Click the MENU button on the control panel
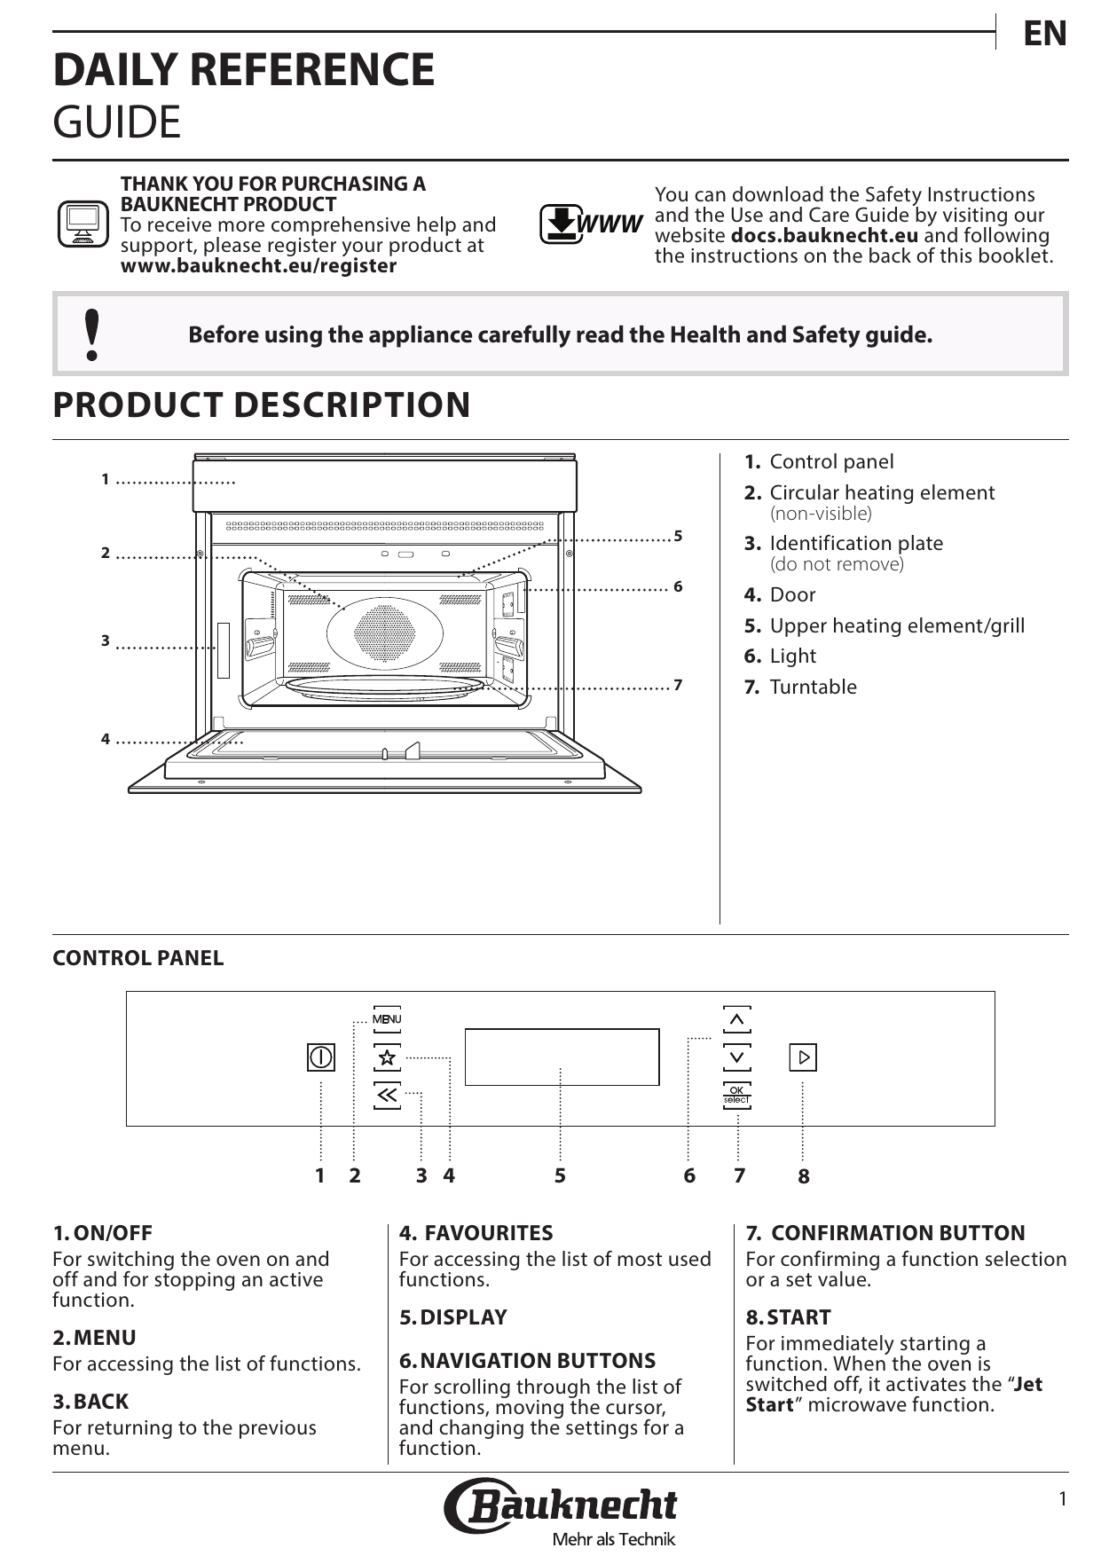[387, 1019]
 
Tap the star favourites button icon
[387, 1057]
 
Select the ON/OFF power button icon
[321, 1057]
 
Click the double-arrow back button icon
[387, 1096]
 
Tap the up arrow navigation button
[736, 1020]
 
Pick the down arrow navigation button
[736, 1057]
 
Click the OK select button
[736, 1095]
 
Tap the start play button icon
[803, 1057]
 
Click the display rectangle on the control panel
[562, 1057]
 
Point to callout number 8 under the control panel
[804, 1177]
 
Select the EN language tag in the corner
[1045, 34]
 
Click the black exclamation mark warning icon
[90, 334]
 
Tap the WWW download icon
[591, 224]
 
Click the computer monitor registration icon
[83, 224]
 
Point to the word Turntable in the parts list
[813, 688]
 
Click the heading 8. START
[788, 1317]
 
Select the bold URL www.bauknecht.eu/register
[258, 266]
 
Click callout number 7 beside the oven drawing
[678, 686]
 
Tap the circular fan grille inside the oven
[384, 633]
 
